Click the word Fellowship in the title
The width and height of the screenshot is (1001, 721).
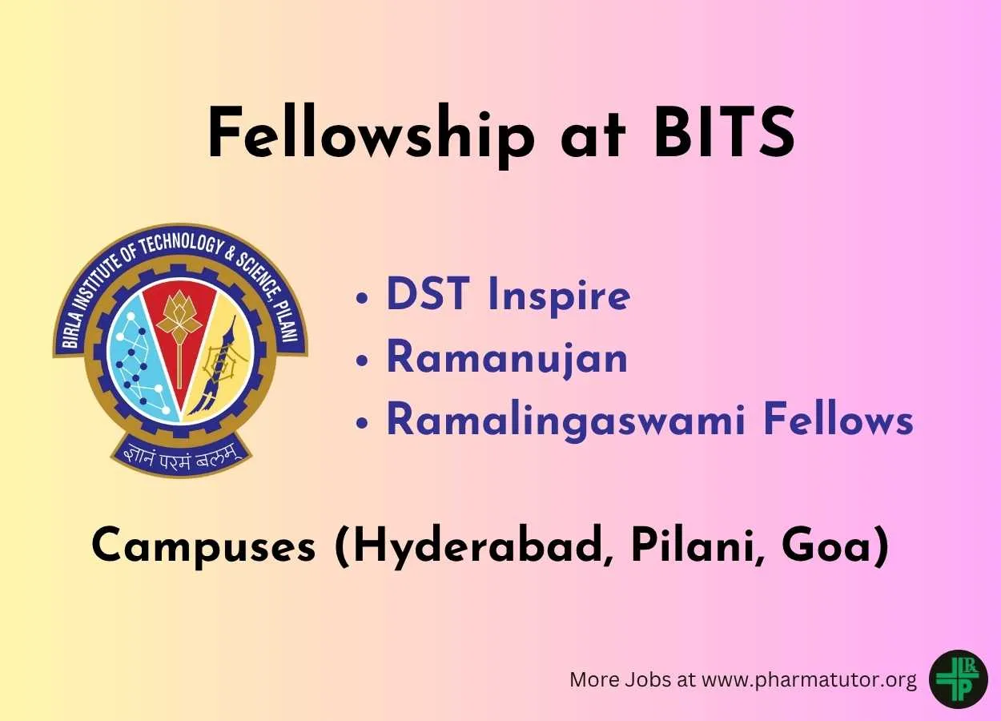point(372,134)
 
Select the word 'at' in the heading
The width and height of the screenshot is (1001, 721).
point(594,136)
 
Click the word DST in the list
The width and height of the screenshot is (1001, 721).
point(428,293)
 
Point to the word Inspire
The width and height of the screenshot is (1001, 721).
point(559,296)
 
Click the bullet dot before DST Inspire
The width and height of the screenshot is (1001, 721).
point(362,298)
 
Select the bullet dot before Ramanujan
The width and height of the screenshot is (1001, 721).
point(362,360)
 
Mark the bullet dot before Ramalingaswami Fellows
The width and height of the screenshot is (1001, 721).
point(362,423)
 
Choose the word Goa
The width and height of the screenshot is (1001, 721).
point(833,546)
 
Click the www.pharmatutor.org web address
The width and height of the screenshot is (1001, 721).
point(809,680)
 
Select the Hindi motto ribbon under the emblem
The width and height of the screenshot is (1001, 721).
point(180,458)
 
